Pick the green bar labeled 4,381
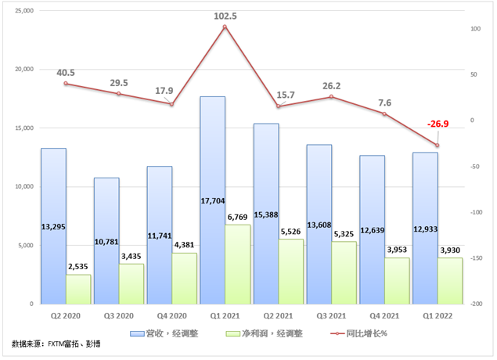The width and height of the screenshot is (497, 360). point(185,279)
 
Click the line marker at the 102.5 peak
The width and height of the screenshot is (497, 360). point(225,27)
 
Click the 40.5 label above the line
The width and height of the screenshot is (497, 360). point(66,73)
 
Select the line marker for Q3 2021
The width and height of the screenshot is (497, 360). point(331,96)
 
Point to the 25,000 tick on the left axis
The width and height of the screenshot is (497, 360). point(23,10)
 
